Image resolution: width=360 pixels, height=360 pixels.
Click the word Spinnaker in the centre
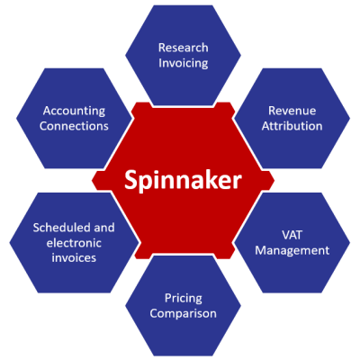click(183, 180)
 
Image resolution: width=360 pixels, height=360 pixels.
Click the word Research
click(183, 47)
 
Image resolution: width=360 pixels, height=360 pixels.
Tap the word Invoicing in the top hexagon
click(183, 64)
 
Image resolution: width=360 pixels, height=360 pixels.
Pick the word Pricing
click(184, 297)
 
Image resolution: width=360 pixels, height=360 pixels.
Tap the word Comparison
click(184, 314)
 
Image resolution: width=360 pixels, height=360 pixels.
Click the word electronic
click(75, 242)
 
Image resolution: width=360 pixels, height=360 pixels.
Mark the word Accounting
click(75, 110)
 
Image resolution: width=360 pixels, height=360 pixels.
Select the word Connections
click(75, 126)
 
